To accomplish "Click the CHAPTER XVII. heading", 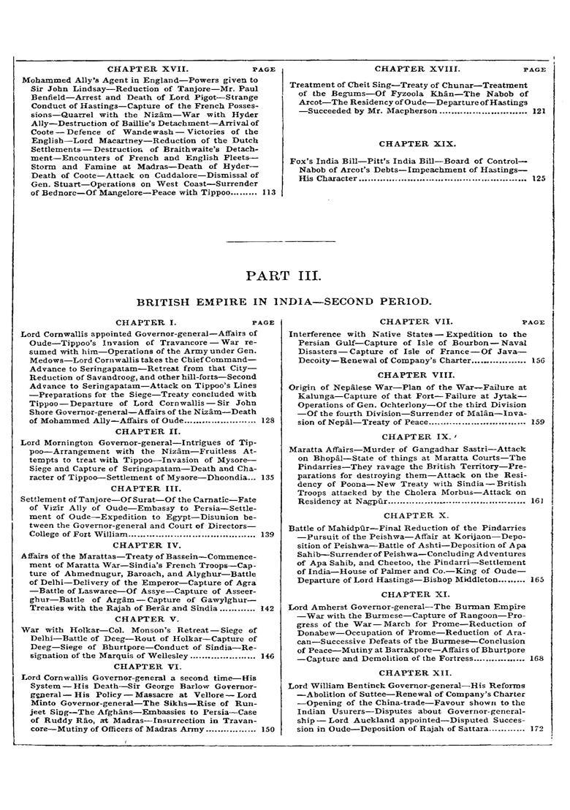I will [x=143, y=69].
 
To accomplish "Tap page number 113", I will [x=268, y=193].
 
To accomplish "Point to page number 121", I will [x=539, y=112].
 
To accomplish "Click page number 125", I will [x=539, y=178].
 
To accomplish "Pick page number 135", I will [x=267, y=477].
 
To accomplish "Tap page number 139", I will [x=267, y=534].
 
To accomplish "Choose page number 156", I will [x=539, y=360].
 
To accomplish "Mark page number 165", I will [x=539, y=580].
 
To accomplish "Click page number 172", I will [x=539, y=729].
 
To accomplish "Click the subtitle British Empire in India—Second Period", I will [x=284, y=301].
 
